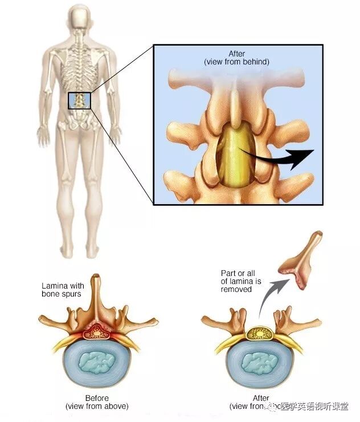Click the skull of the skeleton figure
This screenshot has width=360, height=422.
point(80,22)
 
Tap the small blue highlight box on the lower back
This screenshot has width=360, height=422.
point(79,100)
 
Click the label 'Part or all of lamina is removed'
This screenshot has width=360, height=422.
point(240,281)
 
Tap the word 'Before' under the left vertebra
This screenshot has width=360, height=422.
point(97,398)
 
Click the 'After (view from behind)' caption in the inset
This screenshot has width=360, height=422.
point(237,58)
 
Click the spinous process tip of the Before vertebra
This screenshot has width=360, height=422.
point(97,278)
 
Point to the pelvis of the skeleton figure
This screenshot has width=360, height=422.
point(79,117)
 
